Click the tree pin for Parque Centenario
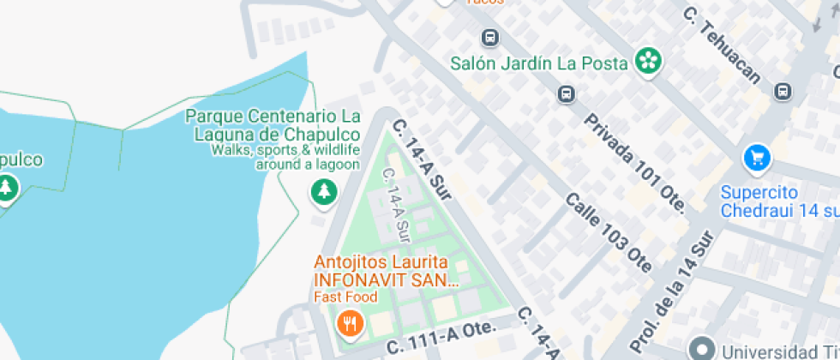[x=323, y=191]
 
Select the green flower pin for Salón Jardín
[x=649, y=61]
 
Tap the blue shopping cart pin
[x=757, y=157]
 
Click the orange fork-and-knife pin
[x=349, y=323]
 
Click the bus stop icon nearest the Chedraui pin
[x=783, y=91]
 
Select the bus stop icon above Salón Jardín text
[x=489, y=38]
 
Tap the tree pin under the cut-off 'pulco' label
[x=8, y=188]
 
